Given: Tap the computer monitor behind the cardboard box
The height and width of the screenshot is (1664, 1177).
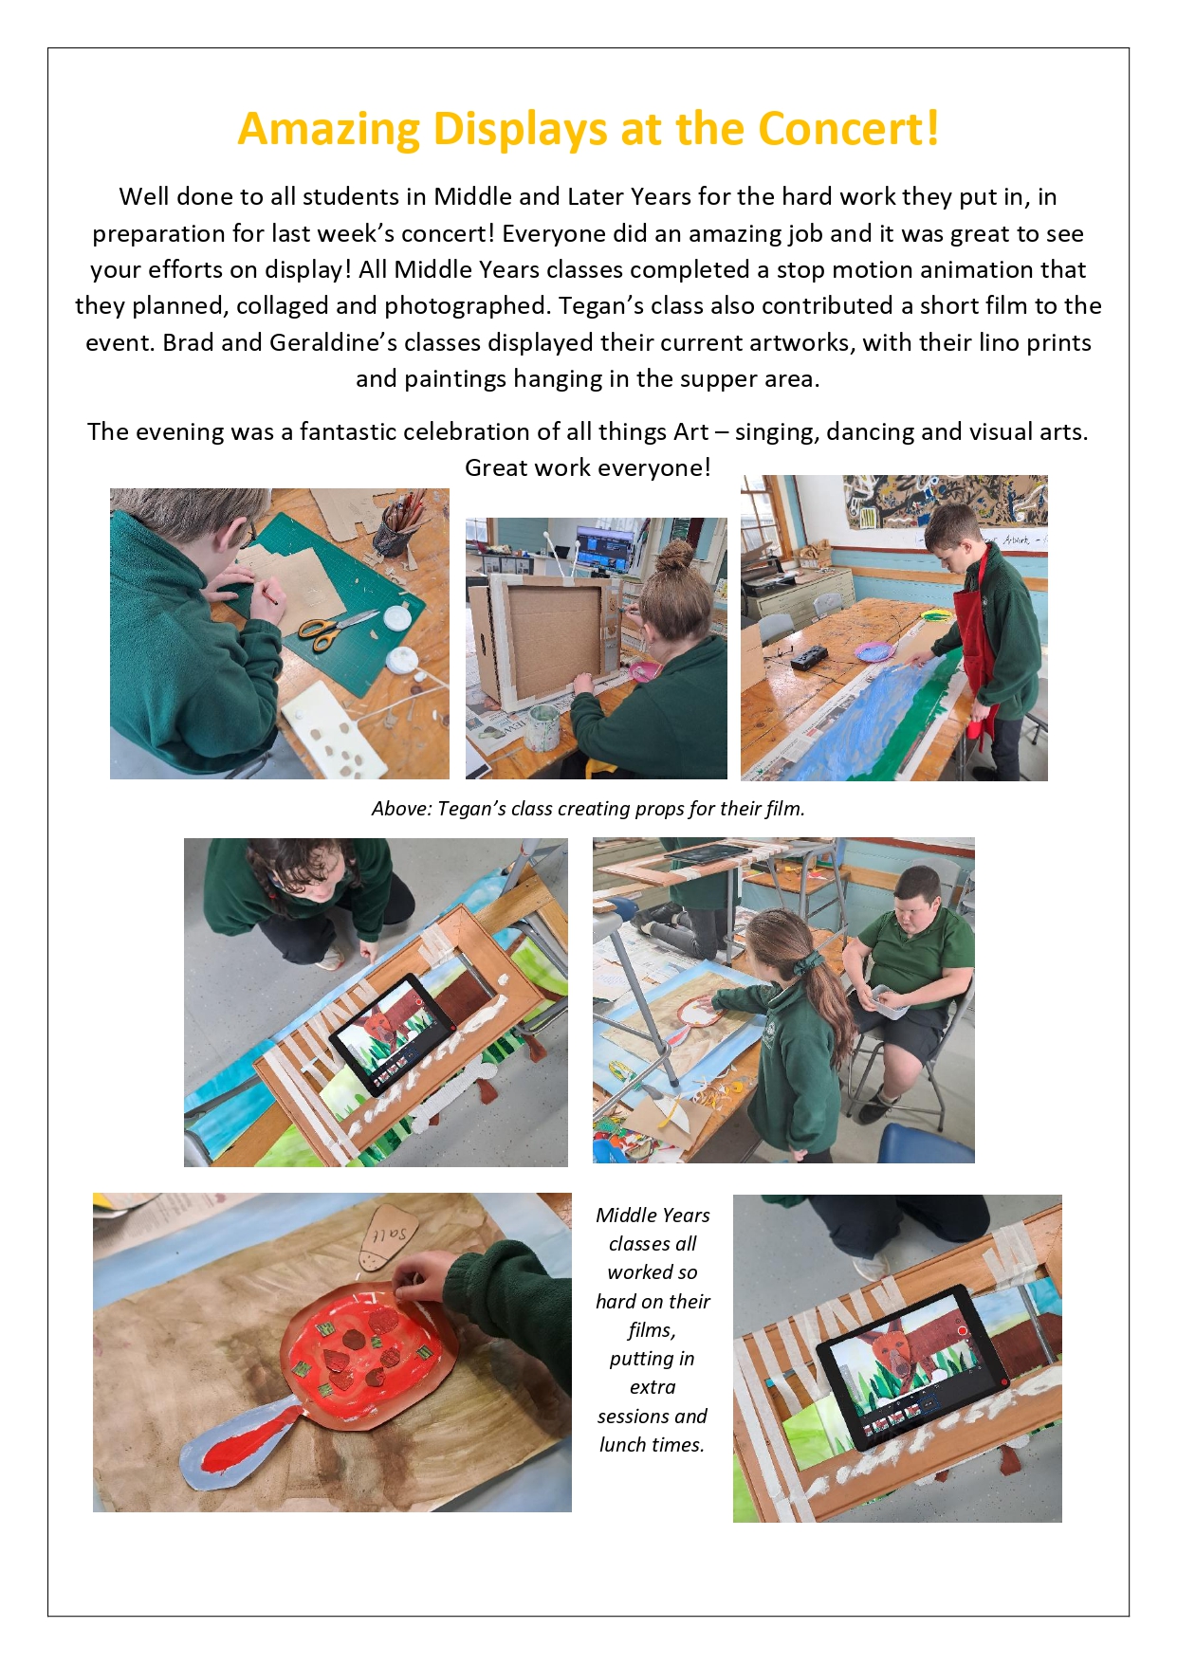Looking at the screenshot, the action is click(604, 547).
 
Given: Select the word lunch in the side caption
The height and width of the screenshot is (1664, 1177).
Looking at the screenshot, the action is click(623, 1445).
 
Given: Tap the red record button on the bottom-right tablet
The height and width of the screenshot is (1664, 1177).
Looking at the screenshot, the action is click(962, 1331).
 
